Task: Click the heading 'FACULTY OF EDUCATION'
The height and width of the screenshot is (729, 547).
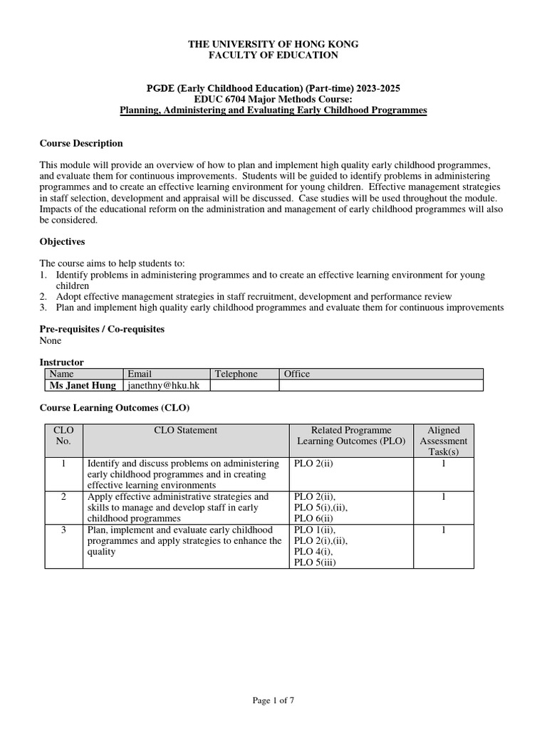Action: coord(273,55)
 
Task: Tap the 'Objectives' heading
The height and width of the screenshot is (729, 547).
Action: coord(62,242)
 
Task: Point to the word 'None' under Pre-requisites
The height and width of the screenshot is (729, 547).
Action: coord(50,340)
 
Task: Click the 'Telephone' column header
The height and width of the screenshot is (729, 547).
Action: coord(236,374)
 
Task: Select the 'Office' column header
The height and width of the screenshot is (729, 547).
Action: coord(297,374)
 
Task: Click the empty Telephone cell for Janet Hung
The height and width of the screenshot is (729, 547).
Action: coord(244,385)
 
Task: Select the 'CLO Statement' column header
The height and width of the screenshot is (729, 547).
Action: coord(186,430)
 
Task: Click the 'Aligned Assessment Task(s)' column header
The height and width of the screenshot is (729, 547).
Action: coord(443,441)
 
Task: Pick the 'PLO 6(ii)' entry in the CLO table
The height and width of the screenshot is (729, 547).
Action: coord(314,519)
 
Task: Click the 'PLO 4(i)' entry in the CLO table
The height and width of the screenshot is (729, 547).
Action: coord(313,551)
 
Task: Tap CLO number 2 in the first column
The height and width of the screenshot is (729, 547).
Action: coord(63,496)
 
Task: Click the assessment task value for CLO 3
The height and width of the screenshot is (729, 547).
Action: coord(443,530)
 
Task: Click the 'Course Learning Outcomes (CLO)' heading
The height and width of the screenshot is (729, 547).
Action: coord(113,407)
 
